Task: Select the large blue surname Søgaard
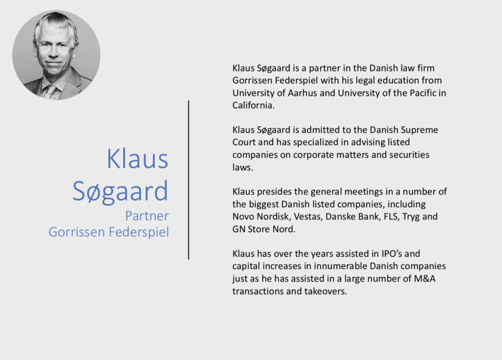pos(121,191)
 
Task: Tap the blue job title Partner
pos(147,216)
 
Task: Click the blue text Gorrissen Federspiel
pos(109,232)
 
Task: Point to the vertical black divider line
pos(189,180)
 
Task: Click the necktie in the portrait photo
pos(50,92)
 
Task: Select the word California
pos(253,105)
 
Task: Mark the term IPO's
pos(392,254)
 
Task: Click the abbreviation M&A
pos(425,279)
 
